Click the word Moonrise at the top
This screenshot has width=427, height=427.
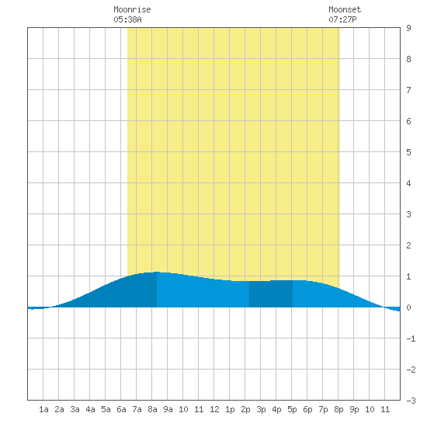(132, 9)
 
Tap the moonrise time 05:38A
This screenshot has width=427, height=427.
(127, 19)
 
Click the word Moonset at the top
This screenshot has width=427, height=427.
(345, 9)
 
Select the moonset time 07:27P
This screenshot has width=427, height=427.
(342, 19)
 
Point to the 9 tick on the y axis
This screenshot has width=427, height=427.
(408, 28)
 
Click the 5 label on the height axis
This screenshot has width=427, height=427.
(408, 152)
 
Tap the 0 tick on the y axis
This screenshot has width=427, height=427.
(408, 307)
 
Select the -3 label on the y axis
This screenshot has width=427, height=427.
(411, 401)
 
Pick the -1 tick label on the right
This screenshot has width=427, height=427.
(411, 338)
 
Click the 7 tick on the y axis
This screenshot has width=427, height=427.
(408, 90)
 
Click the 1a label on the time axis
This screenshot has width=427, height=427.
(43, 409)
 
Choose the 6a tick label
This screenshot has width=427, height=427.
(121, 409)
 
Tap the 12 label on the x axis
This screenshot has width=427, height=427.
(214, 409)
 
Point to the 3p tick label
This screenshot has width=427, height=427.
(261, 409)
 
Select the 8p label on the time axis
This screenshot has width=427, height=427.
(338, 409)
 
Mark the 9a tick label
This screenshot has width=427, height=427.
(168, 409)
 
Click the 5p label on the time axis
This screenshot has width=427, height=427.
(292, 409)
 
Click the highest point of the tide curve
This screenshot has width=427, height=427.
(157, 272)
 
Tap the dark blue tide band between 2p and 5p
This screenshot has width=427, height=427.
(271, 294)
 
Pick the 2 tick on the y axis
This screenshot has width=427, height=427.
(408, 245)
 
